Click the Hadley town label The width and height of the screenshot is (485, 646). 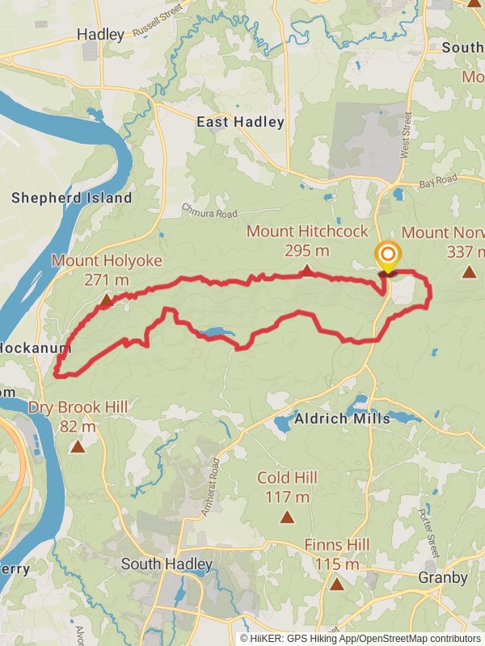click(100, 34)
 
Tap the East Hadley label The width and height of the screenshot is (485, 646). click(241, 122)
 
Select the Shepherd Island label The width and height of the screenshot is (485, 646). click(71, 198)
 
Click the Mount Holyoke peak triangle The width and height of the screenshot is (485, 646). click(106, 300)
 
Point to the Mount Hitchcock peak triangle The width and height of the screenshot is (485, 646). click(306, 270)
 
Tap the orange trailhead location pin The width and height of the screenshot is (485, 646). click(387, 256)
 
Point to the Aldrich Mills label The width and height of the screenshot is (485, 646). click(342, 418)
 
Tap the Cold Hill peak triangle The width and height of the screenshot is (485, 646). click(287, 516)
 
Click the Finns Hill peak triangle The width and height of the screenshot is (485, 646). click(336, 583)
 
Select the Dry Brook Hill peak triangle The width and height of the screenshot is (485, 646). click(78, 446)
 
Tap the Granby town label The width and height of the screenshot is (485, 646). click(442, 577)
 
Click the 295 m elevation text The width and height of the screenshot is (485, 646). click(306, 250)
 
